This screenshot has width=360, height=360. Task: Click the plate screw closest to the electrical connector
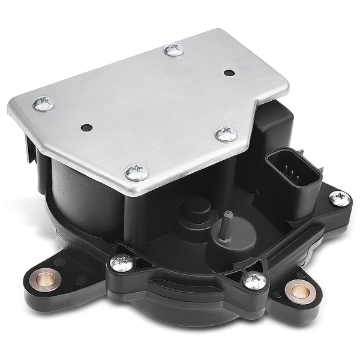[x=226, y=134]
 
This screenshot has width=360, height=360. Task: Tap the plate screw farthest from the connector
[x=43, y=103]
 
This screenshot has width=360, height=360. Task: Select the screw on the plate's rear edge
[x=174, y=50]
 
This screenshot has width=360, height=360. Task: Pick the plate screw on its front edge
[x=137, y=173]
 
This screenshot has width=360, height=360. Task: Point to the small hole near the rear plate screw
[x=229, y=73]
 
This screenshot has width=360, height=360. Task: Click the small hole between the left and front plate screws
[x=86, y=127]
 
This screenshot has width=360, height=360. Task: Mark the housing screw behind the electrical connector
[x=340, y=198]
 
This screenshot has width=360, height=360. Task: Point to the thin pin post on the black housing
[x=225, y=225]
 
